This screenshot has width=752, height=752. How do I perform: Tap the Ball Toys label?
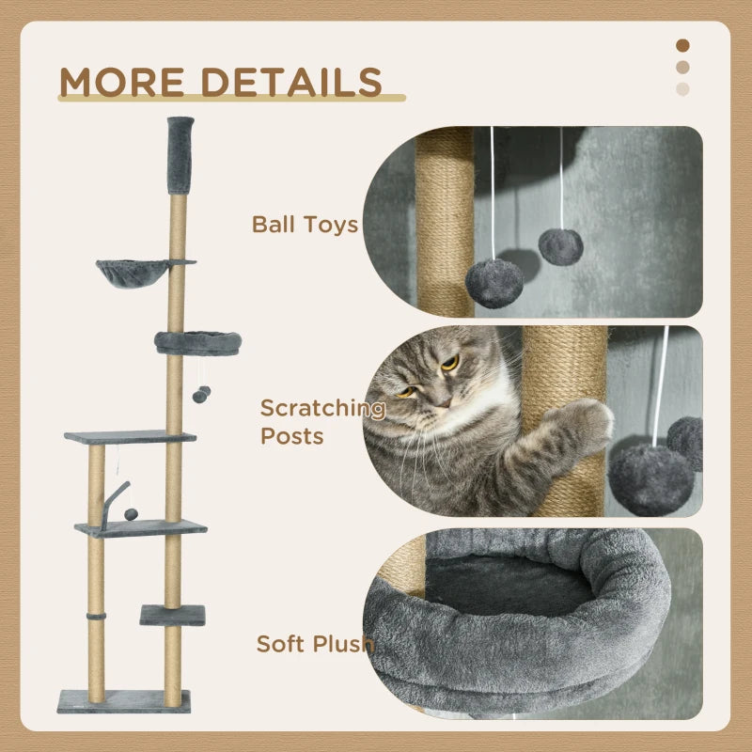tap(305, 225)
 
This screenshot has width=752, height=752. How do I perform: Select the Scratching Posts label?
tap(321, 422)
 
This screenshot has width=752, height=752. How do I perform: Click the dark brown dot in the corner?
tap(683, 45)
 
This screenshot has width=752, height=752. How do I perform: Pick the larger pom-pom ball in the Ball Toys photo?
tap(494, 283)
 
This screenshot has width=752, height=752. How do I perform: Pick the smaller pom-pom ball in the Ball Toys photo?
tap(560, 246)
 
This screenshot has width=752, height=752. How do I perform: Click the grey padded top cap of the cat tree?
tap(180, 153)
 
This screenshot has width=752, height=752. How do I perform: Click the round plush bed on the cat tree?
tap(197, 342)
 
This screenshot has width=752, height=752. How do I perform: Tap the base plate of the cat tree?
tap(123, 701)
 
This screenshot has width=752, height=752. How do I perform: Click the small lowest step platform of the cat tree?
tap(172, 615)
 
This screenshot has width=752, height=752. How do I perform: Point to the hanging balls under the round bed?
tap(201, 394)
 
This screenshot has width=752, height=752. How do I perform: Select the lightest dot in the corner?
tap(682, 88)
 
